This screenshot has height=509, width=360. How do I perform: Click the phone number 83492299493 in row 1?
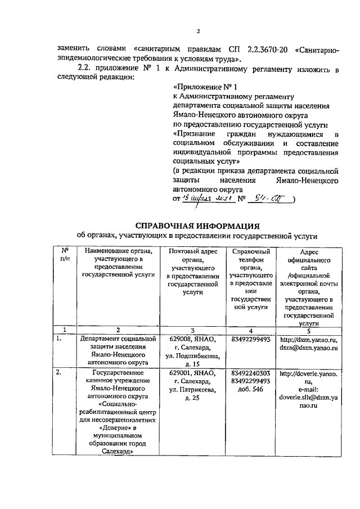coord(251,340)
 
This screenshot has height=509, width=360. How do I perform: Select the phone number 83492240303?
coord(251,372)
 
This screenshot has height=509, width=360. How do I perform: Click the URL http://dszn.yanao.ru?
coord(309,340)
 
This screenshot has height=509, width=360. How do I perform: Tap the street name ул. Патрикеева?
coord(192,389)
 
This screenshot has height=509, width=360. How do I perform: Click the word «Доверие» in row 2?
coord(112,429)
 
